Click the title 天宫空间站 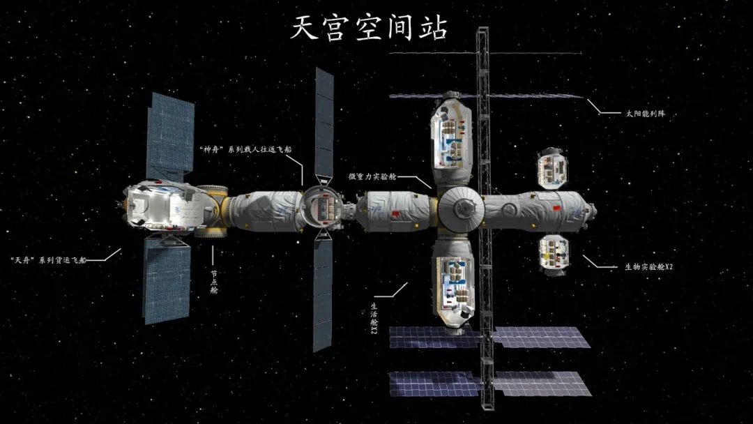tap(370, 27)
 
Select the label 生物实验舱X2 tap(648, 267)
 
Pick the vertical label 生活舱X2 tap(374, 319)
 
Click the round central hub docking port tap(461, 207)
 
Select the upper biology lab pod tap(552, 168)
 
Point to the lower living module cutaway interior tap(452, 287)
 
